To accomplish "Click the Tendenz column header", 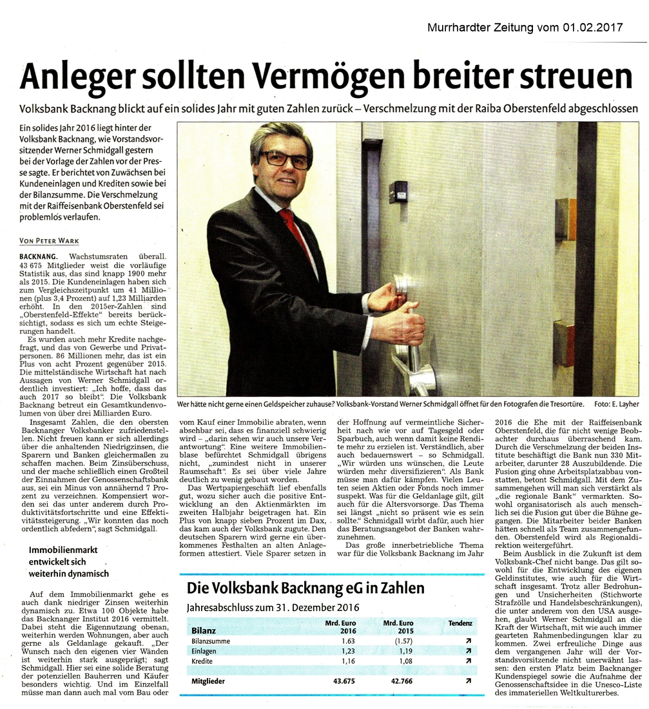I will tap(460, 623).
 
